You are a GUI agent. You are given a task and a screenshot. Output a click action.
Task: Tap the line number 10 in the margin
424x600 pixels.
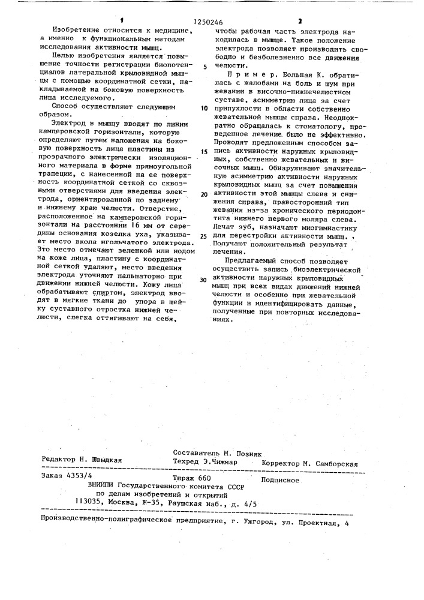coord(205,109)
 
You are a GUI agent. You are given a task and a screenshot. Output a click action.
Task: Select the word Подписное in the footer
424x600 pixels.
coord(281,480)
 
